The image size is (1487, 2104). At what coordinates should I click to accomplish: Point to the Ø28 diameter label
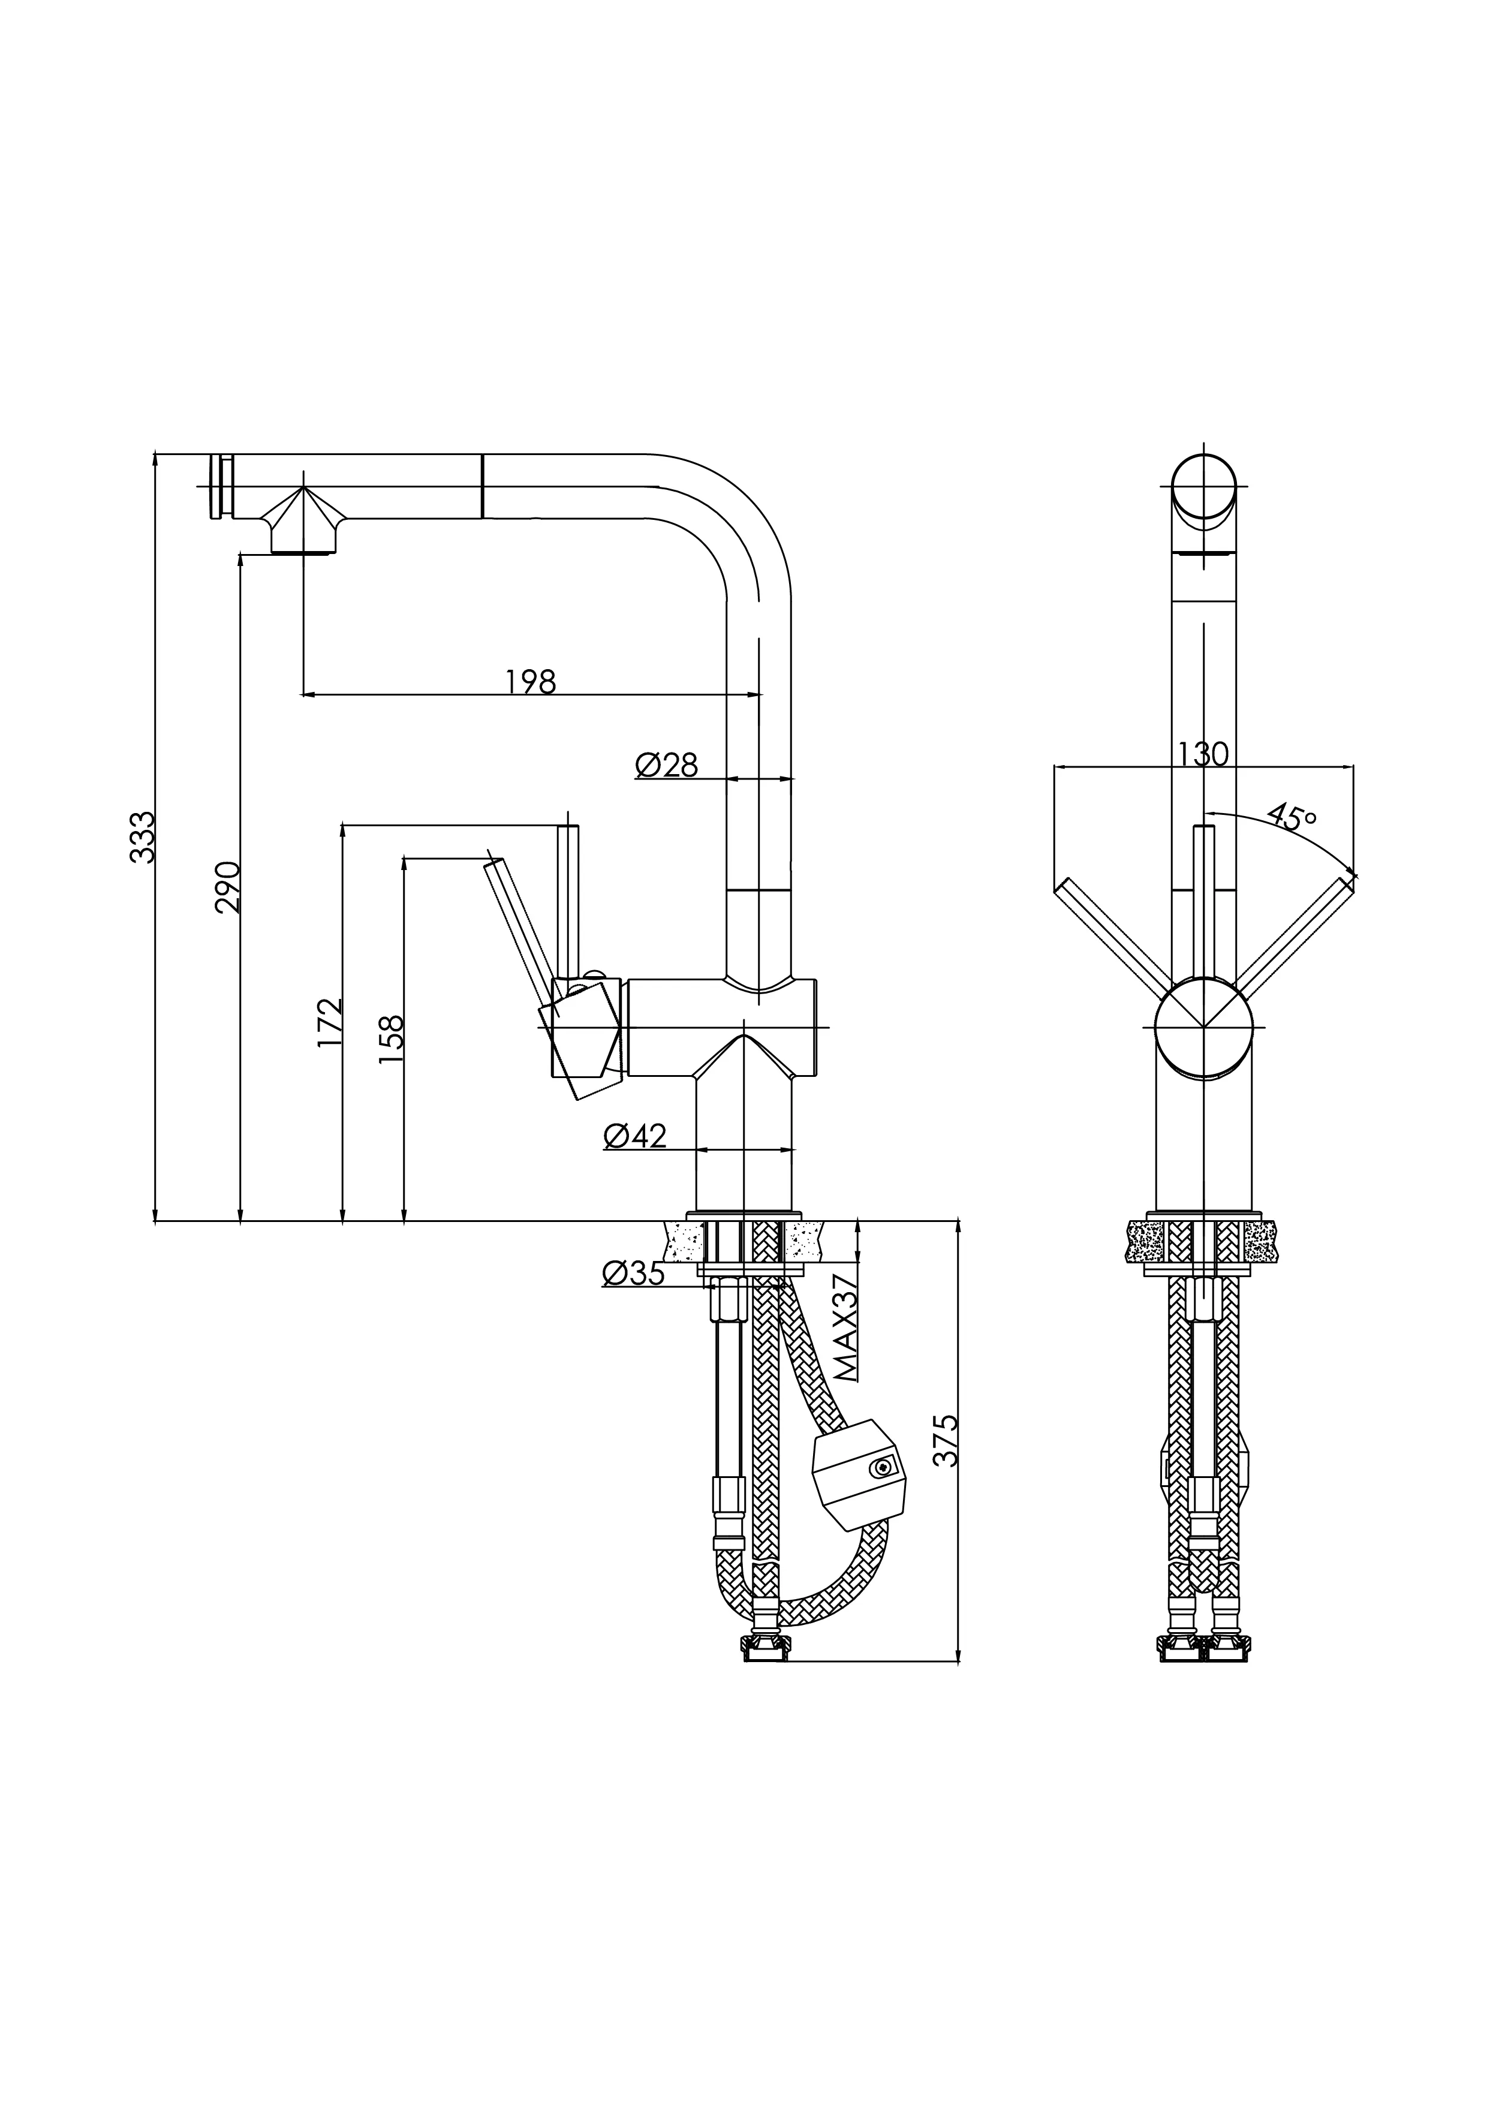click(666, 764)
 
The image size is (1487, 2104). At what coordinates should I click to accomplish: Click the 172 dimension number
click(330, 1023)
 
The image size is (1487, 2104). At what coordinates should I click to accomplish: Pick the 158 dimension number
click(391, 1039)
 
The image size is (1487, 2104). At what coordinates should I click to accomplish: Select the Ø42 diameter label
click(635, 1136)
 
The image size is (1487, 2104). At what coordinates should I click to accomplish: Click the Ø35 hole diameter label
click(633, 1273)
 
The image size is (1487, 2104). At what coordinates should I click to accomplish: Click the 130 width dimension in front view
click(1203, 754)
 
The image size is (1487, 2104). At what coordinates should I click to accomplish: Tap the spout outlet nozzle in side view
click(304, 531)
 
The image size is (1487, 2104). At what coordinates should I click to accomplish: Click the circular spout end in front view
click(1205, 487)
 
